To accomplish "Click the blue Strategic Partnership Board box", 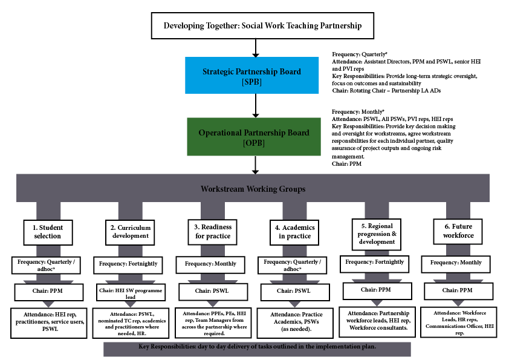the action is coord(252,76).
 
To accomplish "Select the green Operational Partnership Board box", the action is coord(254,137).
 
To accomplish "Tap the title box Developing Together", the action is coord(262,25).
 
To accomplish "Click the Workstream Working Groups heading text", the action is coord(253,189).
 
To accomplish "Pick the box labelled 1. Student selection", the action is coord(48,232).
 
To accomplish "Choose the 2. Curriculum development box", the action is coord(130,232).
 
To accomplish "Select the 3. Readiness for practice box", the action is coord(213,232).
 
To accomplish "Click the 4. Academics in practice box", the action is coord(294,232).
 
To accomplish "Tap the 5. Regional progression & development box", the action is coord(377,234).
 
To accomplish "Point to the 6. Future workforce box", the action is coord(458,231).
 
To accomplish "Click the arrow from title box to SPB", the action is coord(256,48).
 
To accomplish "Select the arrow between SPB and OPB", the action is coord(256,106).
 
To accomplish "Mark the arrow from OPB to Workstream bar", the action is coord(256,165).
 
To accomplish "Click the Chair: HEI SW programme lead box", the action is coord(131,292).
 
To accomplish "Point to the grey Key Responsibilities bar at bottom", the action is coord(257,349).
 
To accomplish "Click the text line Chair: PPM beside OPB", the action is coord(346,164).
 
